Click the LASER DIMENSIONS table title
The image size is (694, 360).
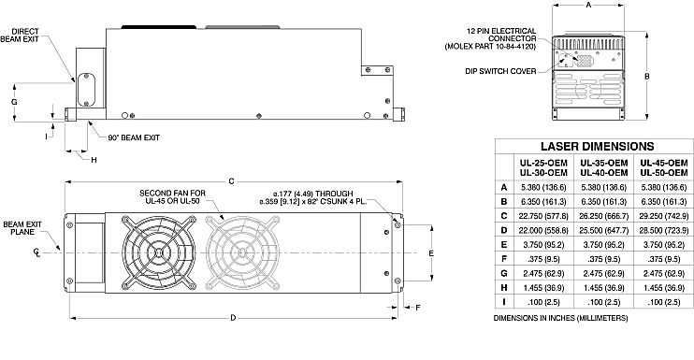tap(597, 147)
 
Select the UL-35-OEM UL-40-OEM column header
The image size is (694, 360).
tap(603, 167)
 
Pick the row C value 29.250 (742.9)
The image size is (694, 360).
tap(664, 216)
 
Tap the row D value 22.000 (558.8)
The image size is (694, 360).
tap(543, 230)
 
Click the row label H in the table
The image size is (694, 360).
tap(504, 287)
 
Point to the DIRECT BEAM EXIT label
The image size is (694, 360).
tap(20, 36)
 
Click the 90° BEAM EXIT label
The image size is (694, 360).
tap(134, 138)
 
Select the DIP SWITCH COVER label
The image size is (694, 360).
tap(500, 71)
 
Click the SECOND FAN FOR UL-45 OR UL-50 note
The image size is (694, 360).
tap(172, 196)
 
